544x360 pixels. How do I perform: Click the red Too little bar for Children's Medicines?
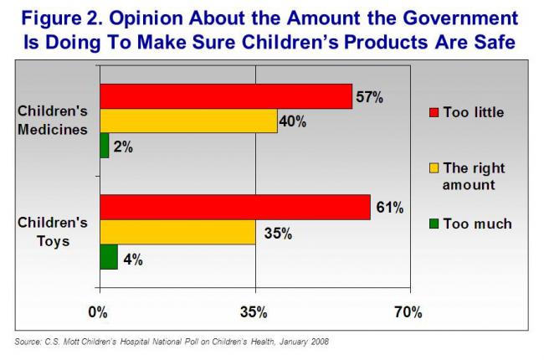click(226, 96)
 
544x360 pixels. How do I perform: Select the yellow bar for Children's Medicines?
click(188, 121)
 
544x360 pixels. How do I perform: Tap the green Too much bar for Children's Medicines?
click(105, 146)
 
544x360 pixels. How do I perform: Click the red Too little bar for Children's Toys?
click(235, 207)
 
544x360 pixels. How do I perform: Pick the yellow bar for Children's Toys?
click(177, 232)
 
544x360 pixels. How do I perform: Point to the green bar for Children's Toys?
click(109, 256)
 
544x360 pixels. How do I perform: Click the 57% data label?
click(369, 97)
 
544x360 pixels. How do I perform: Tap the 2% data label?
click(122, 147)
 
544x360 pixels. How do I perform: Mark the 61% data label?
click(387, 207)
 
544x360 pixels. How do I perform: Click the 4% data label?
click(131, 259)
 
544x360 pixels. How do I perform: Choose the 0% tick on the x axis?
click(100, 312)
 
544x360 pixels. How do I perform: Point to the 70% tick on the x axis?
click(408, 312)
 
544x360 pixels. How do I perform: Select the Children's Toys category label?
click(53, 232)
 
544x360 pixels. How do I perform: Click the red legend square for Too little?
click(434, 112)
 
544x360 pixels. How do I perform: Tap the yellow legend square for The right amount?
click(434, 168)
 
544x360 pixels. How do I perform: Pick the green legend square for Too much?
click(434, 224)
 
